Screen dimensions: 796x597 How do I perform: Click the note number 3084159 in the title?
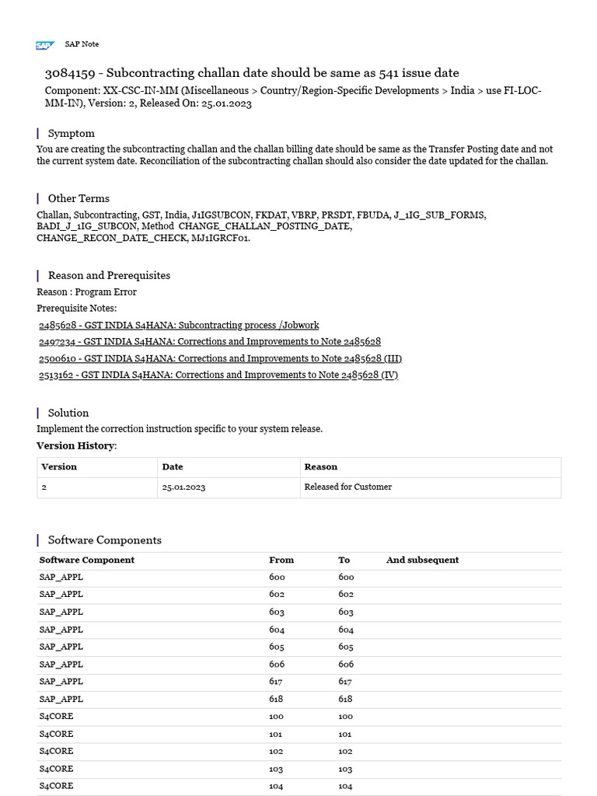tap(70, 73)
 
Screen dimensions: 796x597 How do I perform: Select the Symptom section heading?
tap(71, 133)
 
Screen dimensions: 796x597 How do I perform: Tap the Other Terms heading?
tap(79, 198)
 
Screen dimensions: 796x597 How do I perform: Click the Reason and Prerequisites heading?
tap(109, 275)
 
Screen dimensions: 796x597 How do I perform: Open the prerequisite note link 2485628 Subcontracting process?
tap(179, 325)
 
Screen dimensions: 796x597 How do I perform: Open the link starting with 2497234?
tap(210, 341)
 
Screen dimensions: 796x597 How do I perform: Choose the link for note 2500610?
tap(220, 358)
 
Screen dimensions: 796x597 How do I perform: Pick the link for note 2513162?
tap(218, 375)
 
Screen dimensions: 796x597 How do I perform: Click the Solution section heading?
tap(68, 413)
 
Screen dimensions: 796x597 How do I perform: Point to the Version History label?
tap(76, 445)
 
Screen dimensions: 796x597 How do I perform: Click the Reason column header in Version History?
tap(321, 466)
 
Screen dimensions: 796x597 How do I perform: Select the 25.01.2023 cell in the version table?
tap(183, 487)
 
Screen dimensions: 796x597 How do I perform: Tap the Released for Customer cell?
tap(347, 487)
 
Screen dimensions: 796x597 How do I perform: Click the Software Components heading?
tap(104, 539)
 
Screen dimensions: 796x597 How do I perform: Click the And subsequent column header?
tap(422, 560)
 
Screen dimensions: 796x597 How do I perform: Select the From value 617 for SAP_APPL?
tap(277, 681)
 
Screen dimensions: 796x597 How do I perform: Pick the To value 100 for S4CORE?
tap(346, 716)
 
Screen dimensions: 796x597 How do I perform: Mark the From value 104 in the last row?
tap(276, 786)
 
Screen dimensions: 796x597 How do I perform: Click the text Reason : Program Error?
tap(86, 292)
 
